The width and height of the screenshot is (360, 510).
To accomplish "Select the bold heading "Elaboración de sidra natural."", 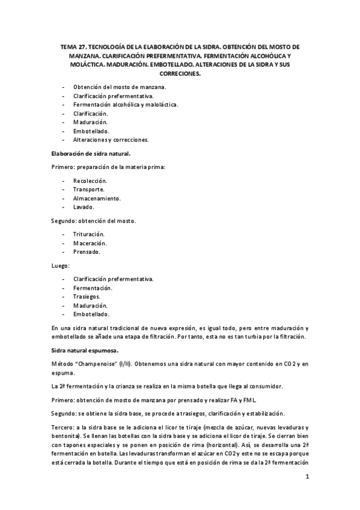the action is click(x=88, y=153).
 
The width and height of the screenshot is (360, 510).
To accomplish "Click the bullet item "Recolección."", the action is click(x=90, y=180).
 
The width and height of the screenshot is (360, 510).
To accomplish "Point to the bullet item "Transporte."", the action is click(x=88, y=189).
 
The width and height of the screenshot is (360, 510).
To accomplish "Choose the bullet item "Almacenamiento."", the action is click(x=97, y=198).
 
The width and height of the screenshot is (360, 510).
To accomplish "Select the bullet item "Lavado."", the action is click(x=84, y=207).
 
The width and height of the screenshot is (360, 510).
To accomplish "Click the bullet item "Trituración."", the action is click(x=89, y=235).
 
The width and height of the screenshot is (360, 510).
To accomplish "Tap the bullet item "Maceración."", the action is click(x=90, y=243).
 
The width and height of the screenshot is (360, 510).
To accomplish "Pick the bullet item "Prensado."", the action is click(x=87, y=252).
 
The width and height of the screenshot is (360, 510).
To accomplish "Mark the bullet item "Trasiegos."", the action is click(x=87, y=296).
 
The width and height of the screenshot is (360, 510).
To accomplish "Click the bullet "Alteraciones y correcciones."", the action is click(x=111, y=140).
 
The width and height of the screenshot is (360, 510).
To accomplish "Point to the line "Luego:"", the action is click(x=60, y=265).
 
